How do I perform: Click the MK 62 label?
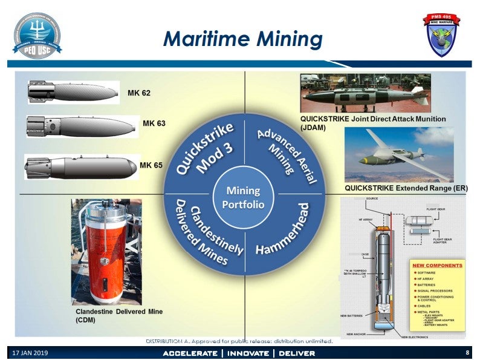coord(138,93)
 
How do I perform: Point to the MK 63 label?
coord(154,123)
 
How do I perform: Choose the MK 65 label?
coord(151,165)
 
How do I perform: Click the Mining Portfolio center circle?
coord(243,197)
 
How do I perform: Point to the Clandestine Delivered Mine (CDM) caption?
coord(118,316)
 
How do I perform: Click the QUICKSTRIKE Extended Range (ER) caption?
coord(406,188)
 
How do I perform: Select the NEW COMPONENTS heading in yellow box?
coord(436,265)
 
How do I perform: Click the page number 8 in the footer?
coord(467,352)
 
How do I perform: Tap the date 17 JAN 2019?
coord(30,353)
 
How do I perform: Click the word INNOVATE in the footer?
coord(248,353)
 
